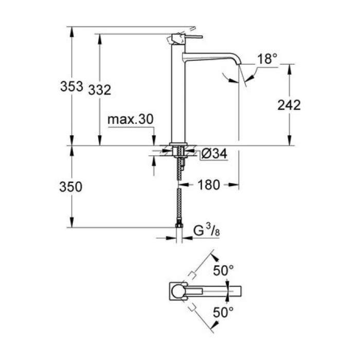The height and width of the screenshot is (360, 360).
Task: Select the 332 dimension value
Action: point(100,89)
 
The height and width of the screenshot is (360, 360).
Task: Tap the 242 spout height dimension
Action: point(289,105)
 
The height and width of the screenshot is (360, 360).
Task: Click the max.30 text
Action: point(131,119)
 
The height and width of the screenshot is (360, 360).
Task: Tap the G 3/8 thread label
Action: point(206,232)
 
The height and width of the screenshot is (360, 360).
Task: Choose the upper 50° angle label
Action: point(224,270)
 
